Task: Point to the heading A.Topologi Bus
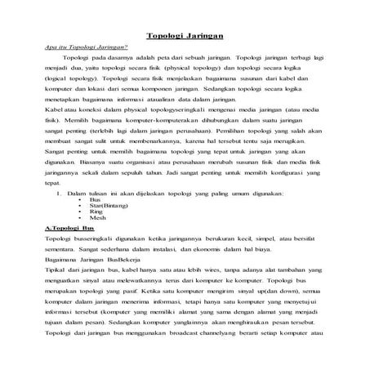[70, 230]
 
